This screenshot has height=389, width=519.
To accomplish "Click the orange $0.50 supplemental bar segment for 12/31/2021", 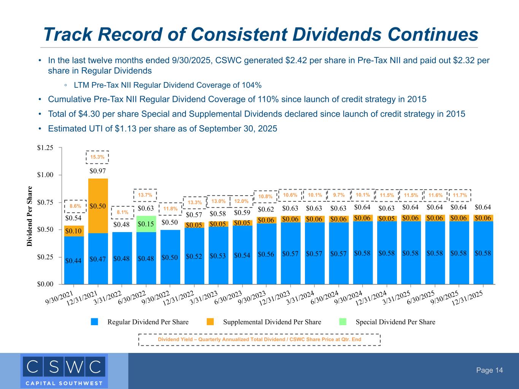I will tap(98, 206).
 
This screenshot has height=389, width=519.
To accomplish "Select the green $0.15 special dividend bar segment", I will tap(146, 224).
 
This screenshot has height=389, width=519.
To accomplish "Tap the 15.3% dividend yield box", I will tap(98, 157).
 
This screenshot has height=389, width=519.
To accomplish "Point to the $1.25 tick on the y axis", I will tap(45, 147).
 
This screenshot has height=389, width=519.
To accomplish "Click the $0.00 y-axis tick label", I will tap(45, 284).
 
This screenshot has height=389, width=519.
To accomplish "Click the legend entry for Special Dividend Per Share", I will tap(395, 322).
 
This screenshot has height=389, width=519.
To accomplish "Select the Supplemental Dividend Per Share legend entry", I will tap(272, 322).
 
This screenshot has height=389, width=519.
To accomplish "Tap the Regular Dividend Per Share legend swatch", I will tap(95, 322).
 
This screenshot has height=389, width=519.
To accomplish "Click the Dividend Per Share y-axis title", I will tap(30, 216).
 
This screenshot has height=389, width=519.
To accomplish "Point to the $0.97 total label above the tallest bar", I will tap(98, 171).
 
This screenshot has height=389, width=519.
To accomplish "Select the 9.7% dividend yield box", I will tap(339, 195).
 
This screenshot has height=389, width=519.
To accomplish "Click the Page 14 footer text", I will tap(490, 370).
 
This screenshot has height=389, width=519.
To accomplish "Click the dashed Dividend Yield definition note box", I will tap(259, 340).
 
